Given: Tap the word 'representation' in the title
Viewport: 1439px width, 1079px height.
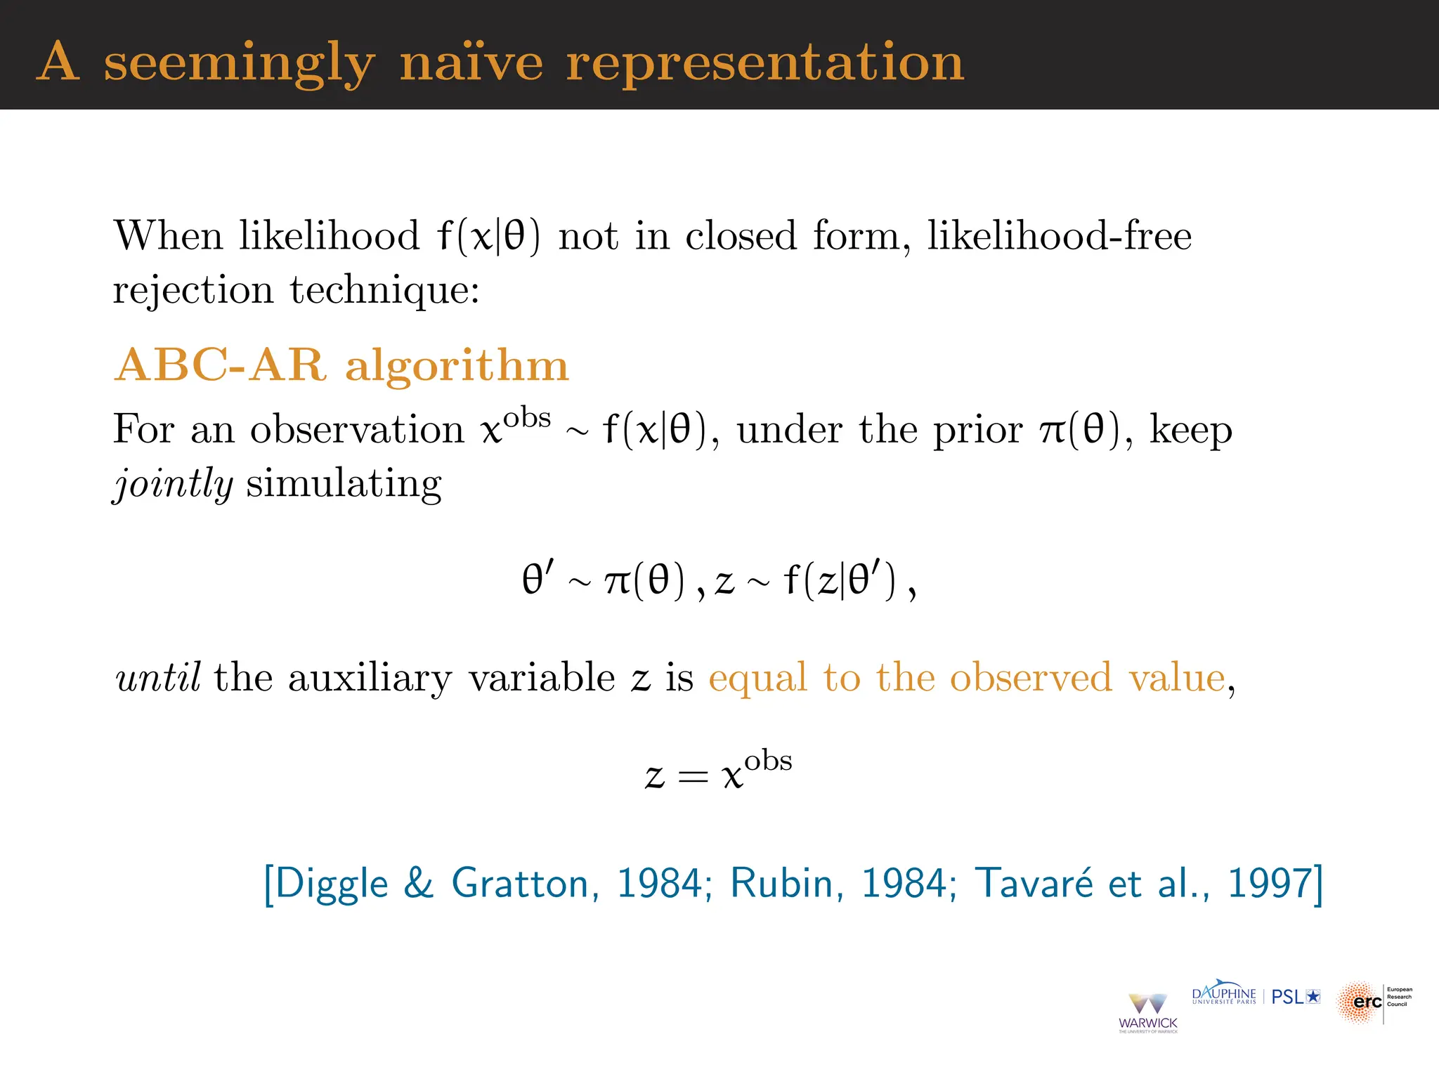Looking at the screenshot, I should pos(765,63).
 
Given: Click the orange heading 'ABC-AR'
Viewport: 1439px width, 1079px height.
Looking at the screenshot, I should pos(221,365).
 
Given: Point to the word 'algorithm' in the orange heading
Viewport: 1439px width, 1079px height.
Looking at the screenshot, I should pos(457,367).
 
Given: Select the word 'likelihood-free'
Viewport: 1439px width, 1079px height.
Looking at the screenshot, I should pos(1059,235).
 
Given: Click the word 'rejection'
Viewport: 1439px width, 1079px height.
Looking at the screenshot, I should pos(193,289).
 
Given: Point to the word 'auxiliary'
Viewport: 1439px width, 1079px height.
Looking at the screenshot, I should pos(370,679).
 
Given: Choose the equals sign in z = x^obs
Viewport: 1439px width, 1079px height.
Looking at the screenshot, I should pos(694,776).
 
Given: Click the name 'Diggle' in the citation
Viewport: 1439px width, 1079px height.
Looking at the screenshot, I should pos(331,883).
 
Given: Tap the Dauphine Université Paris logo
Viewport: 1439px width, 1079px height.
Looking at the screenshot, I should pos(1224,995).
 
